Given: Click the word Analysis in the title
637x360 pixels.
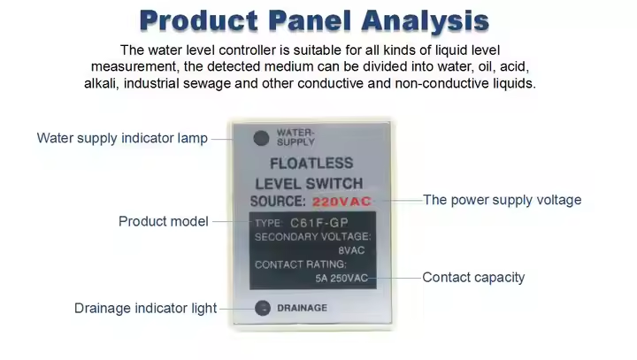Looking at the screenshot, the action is pyautogui.click(x=425, y=21).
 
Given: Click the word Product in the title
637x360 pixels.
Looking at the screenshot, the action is pyautogui.click(x=199, y=20).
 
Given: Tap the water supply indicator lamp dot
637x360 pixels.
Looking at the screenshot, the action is pyautogui.click(x=261, y=138).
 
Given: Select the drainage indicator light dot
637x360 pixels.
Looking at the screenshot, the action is pyautogui.click(x=263, y=308).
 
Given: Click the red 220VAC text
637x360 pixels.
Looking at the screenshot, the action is pyautogui.click(x=342, y=202).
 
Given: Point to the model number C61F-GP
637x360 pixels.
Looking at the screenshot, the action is pyautogui.click(x=318, y=223).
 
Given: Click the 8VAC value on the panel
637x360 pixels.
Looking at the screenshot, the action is pyautogui.click(x=351, y=250).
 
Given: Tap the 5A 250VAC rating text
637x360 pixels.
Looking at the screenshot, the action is pyautogui.click(x=342, y=278).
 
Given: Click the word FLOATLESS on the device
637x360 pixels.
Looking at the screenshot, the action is pyautogui.click(x=311, y=164).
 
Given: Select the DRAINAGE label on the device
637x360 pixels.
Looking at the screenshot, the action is pyautogui.click(x=302, y=308).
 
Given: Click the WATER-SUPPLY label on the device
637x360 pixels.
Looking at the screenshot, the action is pyautogui.click(x=295, y=137).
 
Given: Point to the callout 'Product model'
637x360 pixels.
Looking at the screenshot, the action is pyautogui.click(x=164, y=221).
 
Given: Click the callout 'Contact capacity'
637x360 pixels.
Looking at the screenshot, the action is pyautogui.click(x=473, y=278).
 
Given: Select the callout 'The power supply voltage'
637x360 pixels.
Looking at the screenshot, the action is pyautogui.click(x=503, y=200).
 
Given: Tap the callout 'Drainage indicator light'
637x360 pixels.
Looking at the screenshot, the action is pyautogui.click(x=145, y=308).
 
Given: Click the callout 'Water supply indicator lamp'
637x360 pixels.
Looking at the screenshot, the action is pyautogui.click(x=122, y=138).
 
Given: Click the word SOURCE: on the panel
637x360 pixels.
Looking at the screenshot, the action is pyautogui.click(x=278, y=201).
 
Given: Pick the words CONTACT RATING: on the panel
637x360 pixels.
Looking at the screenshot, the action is pyautogui.click(x=301, y=264).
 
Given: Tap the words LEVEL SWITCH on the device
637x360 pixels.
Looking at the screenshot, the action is pyautogui.click(x=309, y=184).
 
